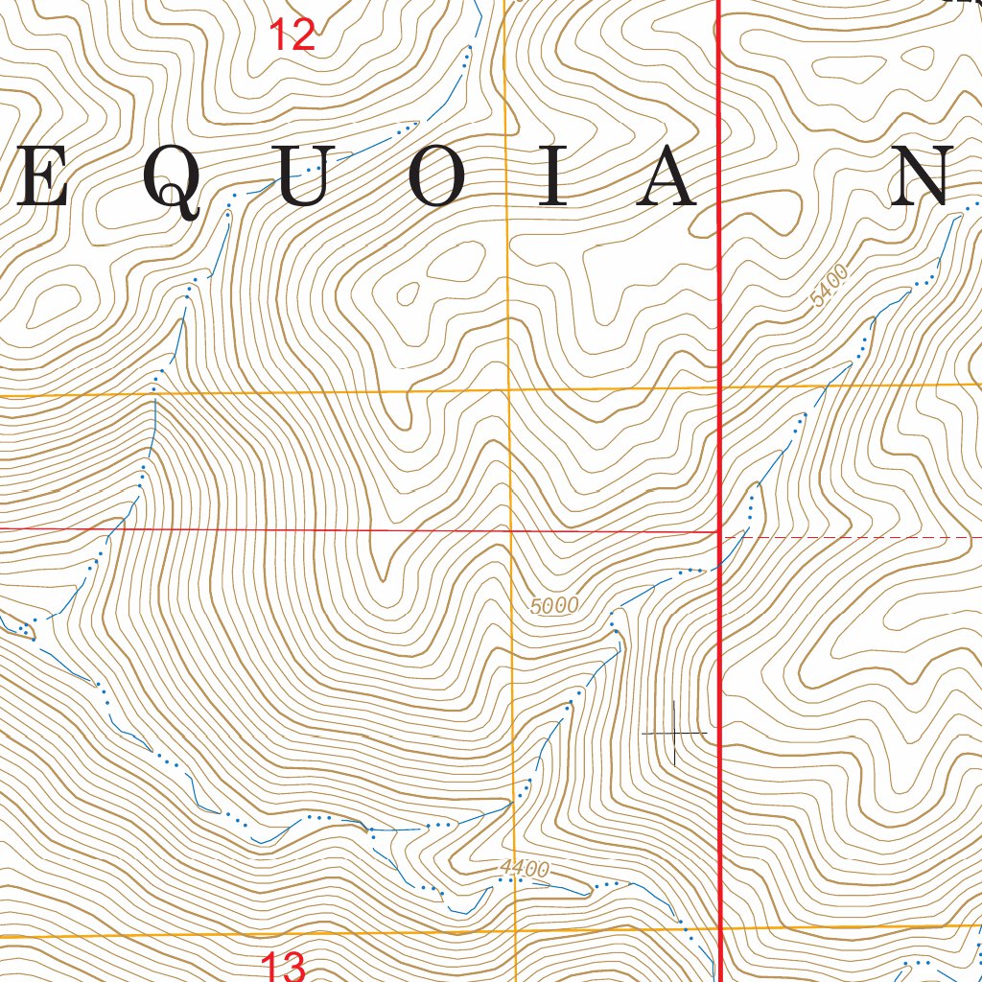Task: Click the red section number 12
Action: (x=292, y=35)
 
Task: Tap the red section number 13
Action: (x=283, y=966)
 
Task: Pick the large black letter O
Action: (x=437, y=177)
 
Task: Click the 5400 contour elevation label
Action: (x=830, y=287)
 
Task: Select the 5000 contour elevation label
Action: (x=554, y=605)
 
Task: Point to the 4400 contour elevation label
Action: (x=525, y=869)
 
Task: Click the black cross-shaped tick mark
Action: (x=675, y=734)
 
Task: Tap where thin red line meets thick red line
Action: (x=719, y=531)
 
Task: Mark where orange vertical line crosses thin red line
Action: (x=509, y=529)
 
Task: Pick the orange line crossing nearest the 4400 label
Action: (x=514, y=931)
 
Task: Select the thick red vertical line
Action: (x=719, y=288)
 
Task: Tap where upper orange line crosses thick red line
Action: (x=719, y=387)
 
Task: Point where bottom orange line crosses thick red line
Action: (x=719, y=927)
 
